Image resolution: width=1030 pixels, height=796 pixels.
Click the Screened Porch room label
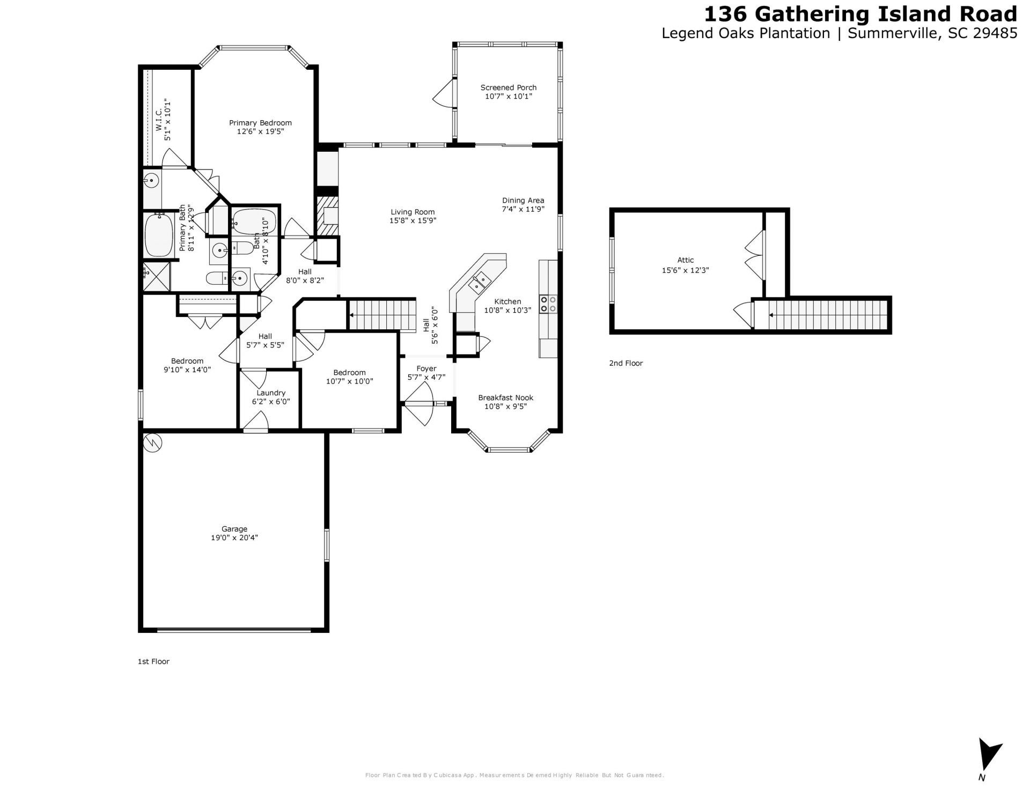coord(508,87)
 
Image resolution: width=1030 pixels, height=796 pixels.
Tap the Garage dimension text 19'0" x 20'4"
coord(234,537)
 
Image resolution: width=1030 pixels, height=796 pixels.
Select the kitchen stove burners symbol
coord(548,304)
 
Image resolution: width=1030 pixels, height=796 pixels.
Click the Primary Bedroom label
coord(260,123)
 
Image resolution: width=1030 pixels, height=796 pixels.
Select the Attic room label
coord(685,260)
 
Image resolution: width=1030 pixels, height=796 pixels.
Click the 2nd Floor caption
coord(626,363)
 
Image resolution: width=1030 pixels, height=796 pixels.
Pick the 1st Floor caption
coord(153,661)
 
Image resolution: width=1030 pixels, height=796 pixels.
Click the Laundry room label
coord(271,393)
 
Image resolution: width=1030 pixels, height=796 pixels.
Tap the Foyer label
coord(426,368)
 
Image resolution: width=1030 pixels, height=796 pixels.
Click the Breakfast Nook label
coord(505,397)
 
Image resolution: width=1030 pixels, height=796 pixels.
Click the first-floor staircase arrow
coord(353,315)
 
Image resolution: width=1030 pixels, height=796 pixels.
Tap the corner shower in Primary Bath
coord(156,276)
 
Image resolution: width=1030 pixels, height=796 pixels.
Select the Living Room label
coord(413,212)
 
